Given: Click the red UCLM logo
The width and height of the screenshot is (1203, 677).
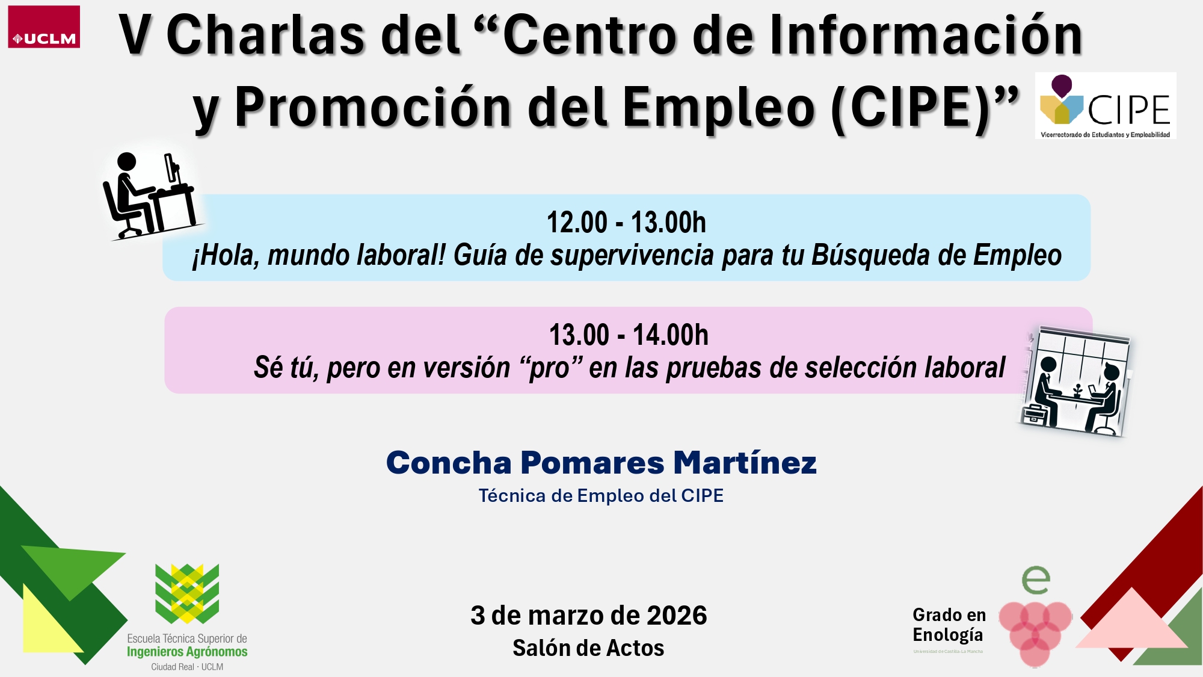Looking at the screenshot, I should click(x=44, y=27).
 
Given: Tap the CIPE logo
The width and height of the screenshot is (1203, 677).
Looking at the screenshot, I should click(x=1106, y=106).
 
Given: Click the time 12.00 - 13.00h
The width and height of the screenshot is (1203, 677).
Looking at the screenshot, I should click(x=626, y=223).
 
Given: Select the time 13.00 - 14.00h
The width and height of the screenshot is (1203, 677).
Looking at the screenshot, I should click(x=629, y=335).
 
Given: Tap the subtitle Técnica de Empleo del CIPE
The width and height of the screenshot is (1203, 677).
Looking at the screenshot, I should click(x=601, y=496).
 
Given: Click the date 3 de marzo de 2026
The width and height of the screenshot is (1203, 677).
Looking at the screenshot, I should click(x=588, y=616).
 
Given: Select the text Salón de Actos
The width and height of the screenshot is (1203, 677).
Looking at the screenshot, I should click(x=588, y=648).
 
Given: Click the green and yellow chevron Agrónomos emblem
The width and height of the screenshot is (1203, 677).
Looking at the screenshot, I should click(x=187, y=593).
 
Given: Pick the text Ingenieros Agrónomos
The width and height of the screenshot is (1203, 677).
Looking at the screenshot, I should click(x=187, y=652).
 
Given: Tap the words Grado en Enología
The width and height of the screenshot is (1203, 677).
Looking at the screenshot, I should click(x=949, y=625).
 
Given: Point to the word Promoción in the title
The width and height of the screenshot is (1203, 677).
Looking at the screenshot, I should click(x=373, y=108).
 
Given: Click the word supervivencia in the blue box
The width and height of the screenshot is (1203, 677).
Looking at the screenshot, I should click(x=632, y=255).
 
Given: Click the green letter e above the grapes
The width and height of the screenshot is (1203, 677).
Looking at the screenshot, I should click(x=1036, y=580).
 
